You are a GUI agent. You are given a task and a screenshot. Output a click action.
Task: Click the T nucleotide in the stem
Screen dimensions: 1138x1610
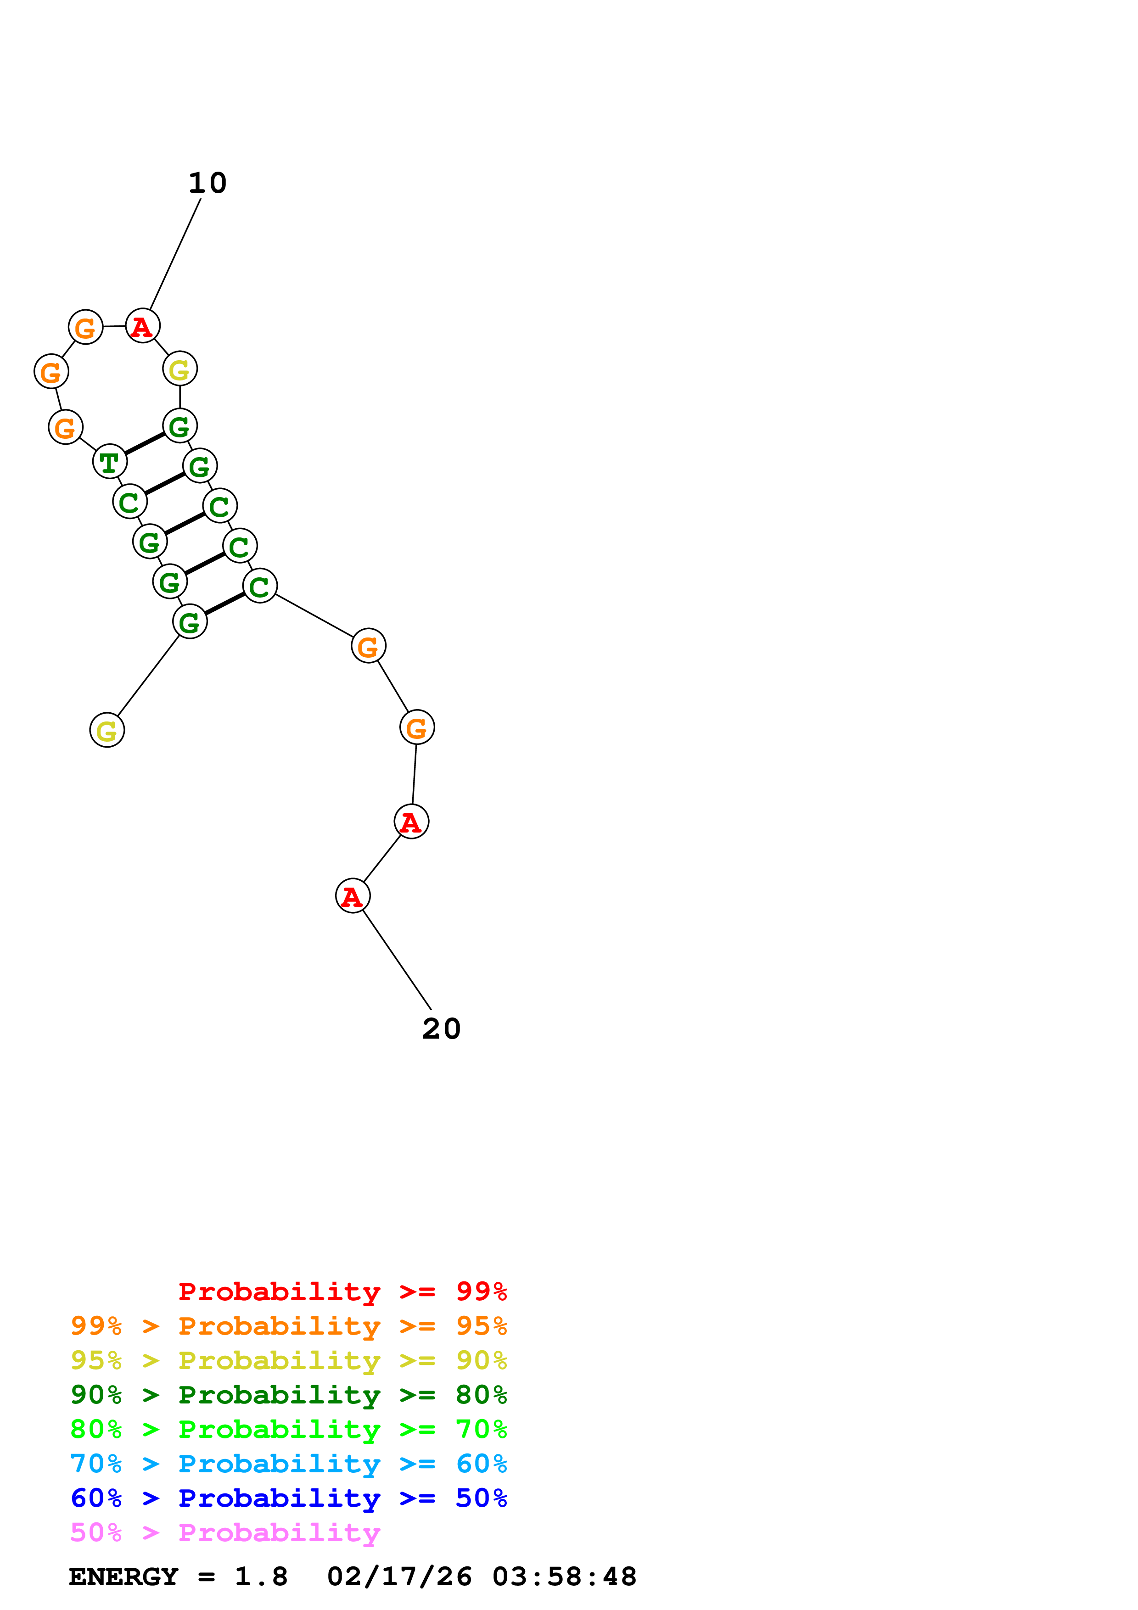point(109,462)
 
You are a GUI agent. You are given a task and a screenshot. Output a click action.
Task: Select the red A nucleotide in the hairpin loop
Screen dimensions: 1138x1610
point(142,326)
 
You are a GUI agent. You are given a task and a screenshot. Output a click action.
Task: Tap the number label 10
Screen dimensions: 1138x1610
point(207,183)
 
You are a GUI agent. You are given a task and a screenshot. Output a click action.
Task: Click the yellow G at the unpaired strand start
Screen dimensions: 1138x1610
point(107,731)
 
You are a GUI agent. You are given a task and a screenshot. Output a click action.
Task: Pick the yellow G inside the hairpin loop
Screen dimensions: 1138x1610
point(179,369)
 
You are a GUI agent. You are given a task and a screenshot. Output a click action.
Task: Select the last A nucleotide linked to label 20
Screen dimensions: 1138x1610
point(353,896)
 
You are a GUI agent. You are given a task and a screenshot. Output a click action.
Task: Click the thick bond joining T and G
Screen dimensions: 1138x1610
point(145,443)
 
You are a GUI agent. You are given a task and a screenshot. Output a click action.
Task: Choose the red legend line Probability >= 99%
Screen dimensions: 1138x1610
point(342,1291)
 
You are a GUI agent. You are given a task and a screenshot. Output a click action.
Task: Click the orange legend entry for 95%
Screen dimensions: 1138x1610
point(288,1326)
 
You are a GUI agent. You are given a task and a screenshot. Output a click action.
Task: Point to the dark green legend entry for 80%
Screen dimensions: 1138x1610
point(288,1395)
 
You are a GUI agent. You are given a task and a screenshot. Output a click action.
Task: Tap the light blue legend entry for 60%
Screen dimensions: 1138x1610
point(288,1464)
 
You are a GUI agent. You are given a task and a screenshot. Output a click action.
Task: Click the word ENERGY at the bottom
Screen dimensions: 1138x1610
point(123,1577)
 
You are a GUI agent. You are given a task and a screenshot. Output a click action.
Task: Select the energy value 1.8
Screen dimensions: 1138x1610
point(261,1577)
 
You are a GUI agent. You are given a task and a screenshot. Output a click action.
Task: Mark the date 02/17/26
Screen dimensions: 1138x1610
point(399,1577)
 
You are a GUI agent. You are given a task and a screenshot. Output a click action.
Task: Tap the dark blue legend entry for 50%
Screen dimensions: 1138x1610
point(288,1498)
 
